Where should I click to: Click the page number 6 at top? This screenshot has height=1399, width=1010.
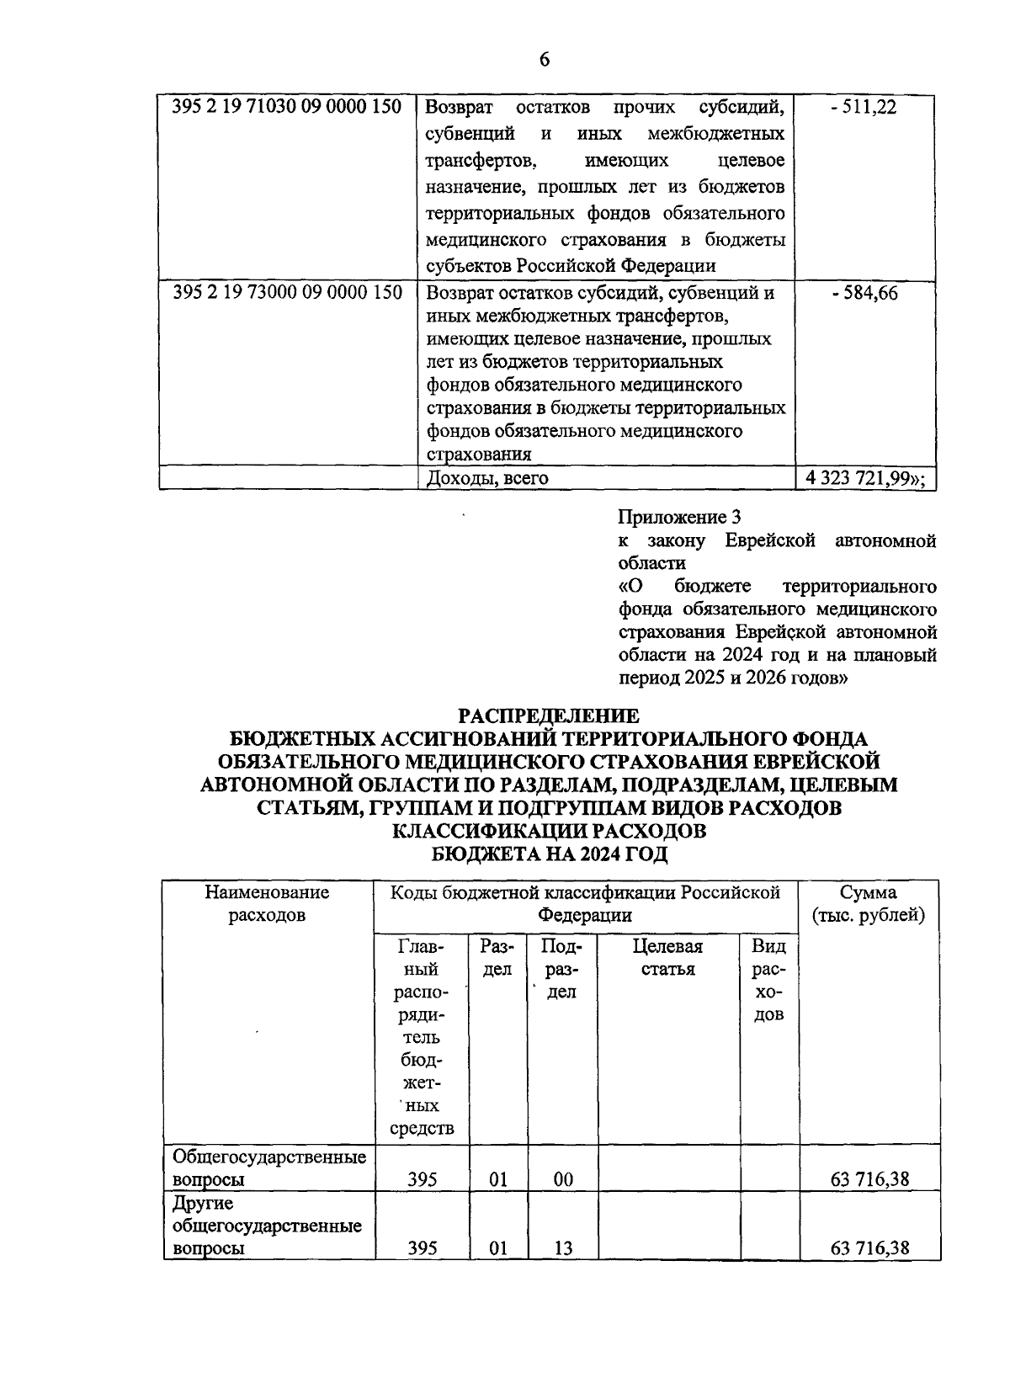pos(544,59)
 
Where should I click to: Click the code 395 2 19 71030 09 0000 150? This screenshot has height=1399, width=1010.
pos(287,108)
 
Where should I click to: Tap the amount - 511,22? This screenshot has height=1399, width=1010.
pos(863,108)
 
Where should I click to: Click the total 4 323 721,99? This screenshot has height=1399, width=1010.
pos(864,478)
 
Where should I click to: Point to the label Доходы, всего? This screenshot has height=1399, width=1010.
pos(487,478)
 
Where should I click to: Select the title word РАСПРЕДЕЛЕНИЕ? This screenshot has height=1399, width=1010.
pos(548,715)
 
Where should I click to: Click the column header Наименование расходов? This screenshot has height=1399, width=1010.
pos(267,903)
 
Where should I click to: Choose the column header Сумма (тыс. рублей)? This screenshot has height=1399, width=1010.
pos(868,903)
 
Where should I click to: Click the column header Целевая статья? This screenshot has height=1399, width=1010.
pos(667,957)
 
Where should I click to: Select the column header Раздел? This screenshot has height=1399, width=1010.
pos(497,957)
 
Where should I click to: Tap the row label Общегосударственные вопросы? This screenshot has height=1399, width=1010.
pos(268,1168)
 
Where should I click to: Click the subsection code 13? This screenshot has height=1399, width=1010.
pos(563,1248)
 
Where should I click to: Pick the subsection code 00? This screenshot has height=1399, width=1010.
pos(563,1179)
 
